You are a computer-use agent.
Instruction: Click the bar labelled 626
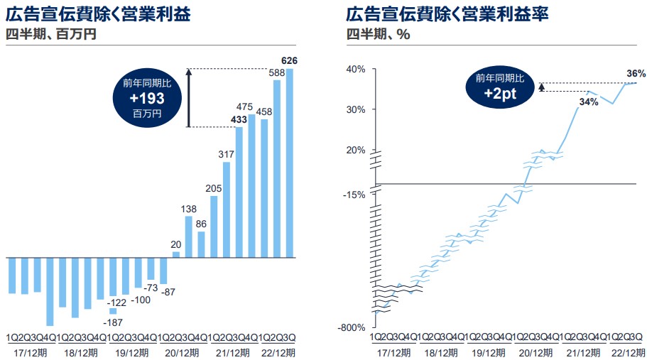[290, 163]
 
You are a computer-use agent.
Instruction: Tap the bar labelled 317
[227, 209]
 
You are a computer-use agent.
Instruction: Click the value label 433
[239, 119]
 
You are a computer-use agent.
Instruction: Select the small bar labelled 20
[176, 254]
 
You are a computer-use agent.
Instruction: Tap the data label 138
[189, 209]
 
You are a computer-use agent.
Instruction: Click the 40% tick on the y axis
[356, 69]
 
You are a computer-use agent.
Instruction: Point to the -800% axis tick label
[352, 327]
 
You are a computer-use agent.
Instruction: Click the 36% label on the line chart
[636, 73]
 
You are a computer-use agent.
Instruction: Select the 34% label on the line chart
[589, 102]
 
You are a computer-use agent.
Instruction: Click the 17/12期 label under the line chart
[394, 351]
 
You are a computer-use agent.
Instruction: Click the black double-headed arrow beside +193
[189, 98]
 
